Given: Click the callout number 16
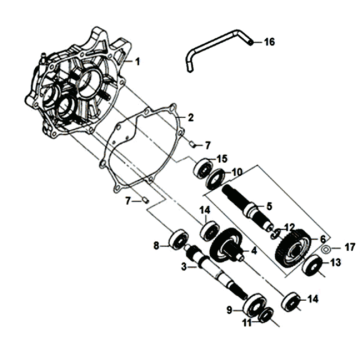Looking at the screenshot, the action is point(269,42).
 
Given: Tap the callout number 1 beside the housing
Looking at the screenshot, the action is point(138,61).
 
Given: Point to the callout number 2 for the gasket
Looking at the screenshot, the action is point(191,118).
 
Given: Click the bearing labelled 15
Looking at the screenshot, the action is point(202,168).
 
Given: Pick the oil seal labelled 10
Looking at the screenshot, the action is point(215,179).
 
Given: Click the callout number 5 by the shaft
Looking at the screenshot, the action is point(269,206).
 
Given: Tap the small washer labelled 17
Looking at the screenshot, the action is point(326,249).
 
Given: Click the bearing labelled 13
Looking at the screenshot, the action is point(312,265).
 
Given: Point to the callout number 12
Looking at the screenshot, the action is point(289,228).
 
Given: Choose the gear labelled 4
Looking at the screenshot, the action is point(226,245).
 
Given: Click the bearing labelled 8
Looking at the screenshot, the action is point(178,239).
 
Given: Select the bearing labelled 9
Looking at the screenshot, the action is point(255,305).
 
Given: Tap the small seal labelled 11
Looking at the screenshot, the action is point(267,316).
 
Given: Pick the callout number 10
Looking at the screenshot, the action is point(237,172).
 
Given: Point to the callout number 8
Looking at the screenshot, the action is point(157,247).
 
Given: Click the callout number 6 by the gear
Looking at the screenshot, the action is point(322,239).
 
